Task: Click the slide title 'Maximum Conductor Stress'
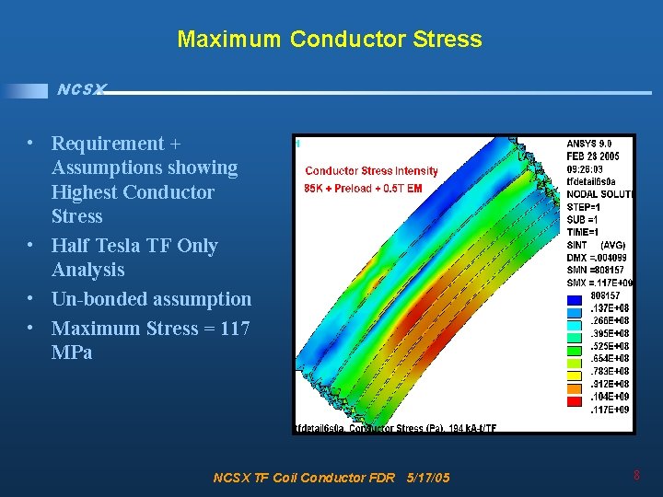click(x=329, y=39)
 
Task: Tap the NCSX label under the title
click(x=81, y=89)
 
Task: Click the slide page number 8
click(x=636, y=476)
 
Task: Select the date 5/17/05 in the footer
click(x=427, y=478)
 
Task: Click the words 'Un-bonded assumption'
click(x=151, y=299)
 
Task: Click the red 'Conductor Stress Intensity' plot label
click(x=371, y=171)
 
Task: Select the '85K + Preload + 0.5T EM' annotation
click(x=363, y=189)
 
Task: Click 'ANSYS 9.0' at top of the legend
click(x=588, y=144)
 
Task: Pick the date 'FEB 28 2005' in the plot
click(x=593, y=157)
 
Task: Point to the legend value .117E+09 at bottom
click(x=610, y=410)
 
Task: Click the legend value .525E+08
click(x=610, y=346)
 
